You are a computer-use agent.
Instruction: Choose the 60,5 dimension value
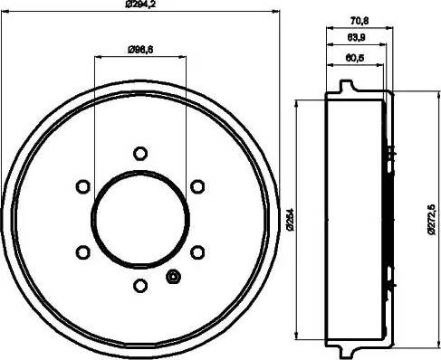click(354, 61)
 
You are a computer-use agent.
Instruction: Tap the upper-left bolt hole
click(81, 185)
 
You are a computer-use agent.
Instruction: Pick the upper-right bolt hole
click(196, 185)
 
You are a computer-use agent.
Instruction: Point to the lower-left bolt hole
click(81, 251)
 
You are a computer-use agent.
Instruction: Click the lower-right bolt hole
click(196, 251)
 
